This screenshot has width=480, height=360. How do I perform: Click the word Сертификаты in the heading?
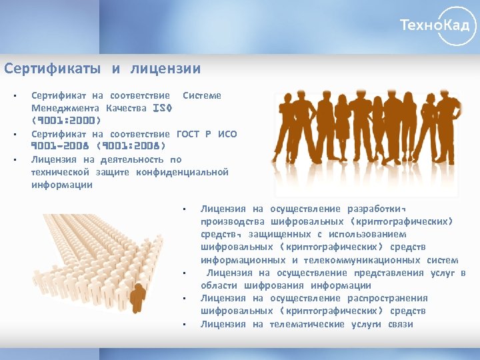pyautogui.click(x=53, y=69)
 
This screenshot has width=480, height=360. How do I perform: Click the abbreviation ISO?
pyautogui.click(x=163, y=108)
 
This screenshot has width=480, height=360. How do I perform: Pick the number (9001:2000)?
pyautogui.click(x=66, y=121)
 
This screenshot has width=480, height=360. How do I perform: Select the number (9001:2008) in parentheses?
pyautogui.click(x=131, y=147)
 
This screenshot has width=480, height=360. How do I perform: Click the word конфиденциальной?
pyautogui.click(x=182, y=172)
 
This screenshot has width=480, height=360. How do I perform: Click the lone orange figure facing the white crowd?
pyautogui.click(x=138, y=297)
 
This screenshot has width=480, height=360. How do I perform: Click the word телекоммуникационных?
pyautogui.click(x=361, y=260)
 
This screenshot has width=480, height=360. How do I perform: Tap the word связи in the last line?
pyautogui.click(x=400, y=324)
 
